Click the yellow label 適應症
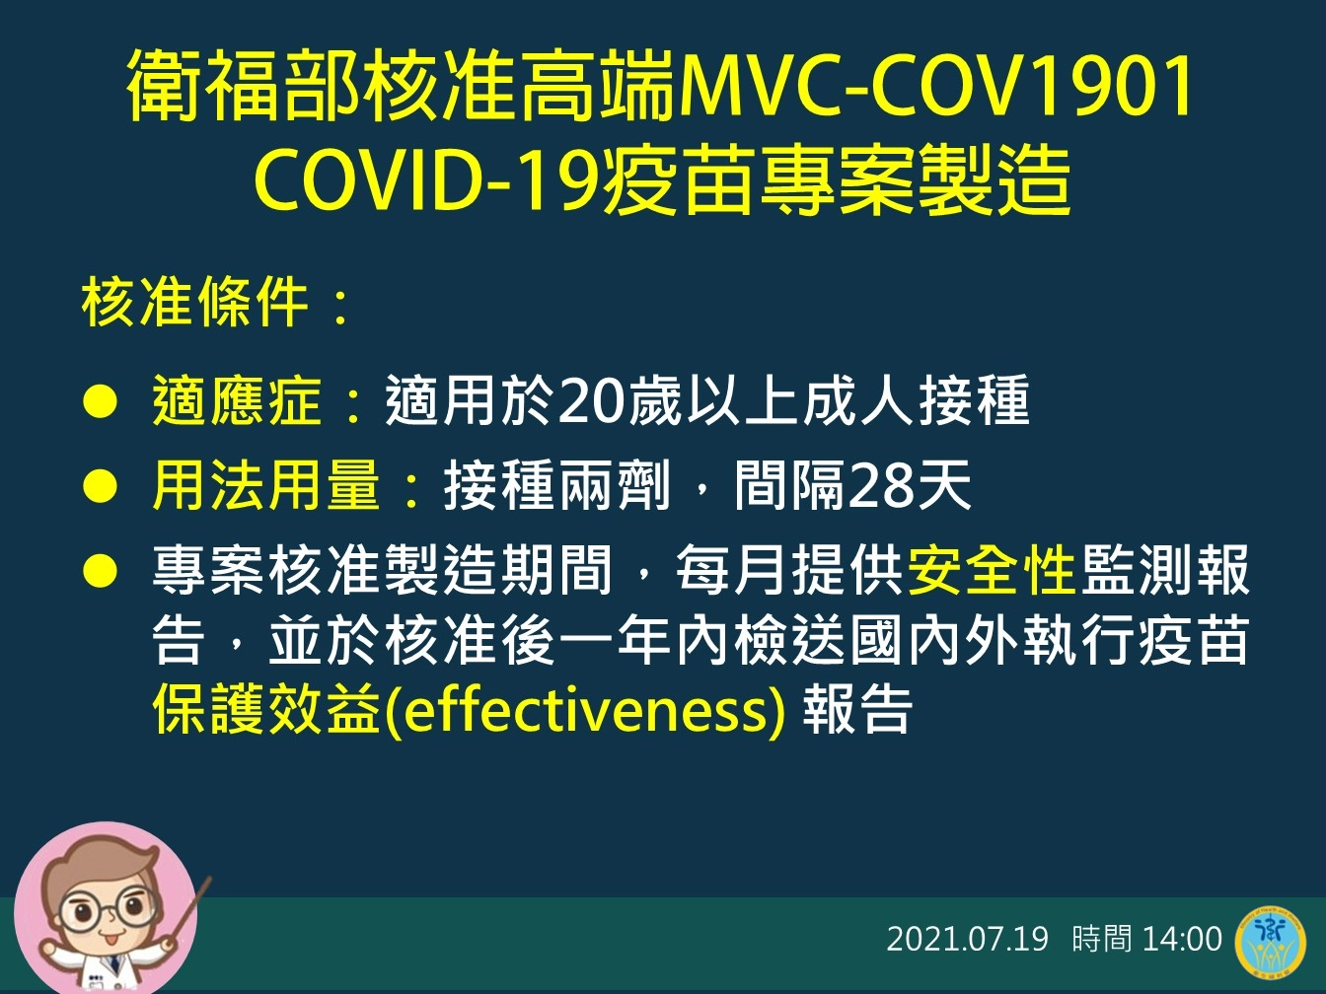click(237, 399)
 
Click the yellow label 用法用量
click(265, 484)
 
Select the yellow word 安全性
click(991, 570)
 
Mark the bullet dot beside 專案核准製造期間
click(100, 571)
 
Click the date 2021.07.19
click(968, 940)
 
